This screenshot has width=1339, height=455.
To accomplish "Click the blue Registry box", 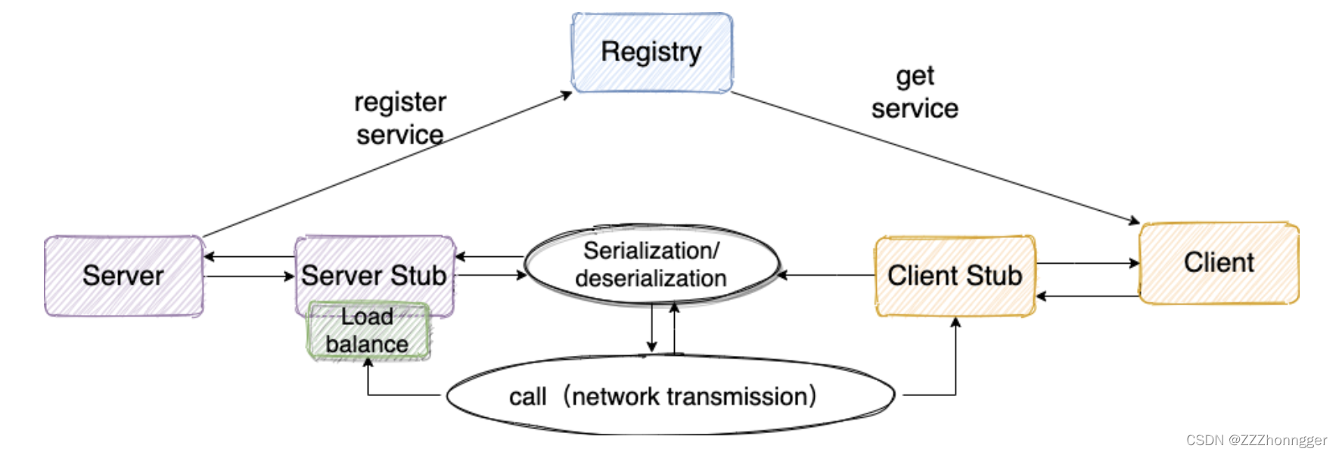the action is click(x=652, y=53).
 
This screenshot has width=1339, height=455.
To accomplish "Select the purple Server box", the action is click(x=124, y=276).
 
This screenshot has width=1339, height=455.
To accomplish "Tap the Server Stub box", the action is click(x=374, y=275).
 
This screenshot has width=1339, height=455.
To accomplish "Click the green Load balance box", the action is click(x=368, y=331).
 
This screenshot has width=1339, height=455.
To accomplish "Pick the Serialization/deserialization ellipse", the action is click(x=652, y=265).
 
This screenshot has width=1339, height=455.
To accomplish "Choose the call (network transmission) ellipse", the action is click(x=671, y=395).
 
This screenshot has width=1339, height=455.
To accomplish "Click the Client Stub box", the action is click(x=955, y=276).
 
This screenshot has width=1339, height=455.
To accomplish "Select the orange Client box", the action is click(x=1219, y=263).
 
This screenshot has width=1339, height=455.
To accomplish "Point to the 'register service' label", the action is click(x=400, y=118).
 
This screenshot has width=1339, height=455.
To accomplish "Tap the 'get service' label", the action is click(x=915, y=92).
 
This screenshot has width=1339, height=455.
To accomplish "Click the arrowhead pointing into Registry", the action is click(x=567, y=94).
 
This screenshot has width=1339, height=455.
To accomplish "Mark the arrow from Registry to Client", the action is click(x=936, y=158).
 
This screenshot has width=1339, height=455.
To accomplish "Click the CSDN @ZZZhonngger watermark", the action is click(x=1257, y=440).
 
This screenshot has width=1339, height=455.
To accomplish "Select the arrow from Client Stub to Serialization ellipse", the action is click(x=826, y=275).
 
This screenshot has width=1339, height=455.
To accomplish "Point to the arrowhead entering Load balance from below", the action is click(x=368, y=362).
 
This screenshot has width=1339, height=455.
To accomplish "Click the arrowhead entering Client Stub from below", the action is click(x=955, y=322).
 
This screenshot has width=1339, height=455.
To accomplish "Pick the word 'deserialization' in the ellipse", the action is click(x=651, y=278).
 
